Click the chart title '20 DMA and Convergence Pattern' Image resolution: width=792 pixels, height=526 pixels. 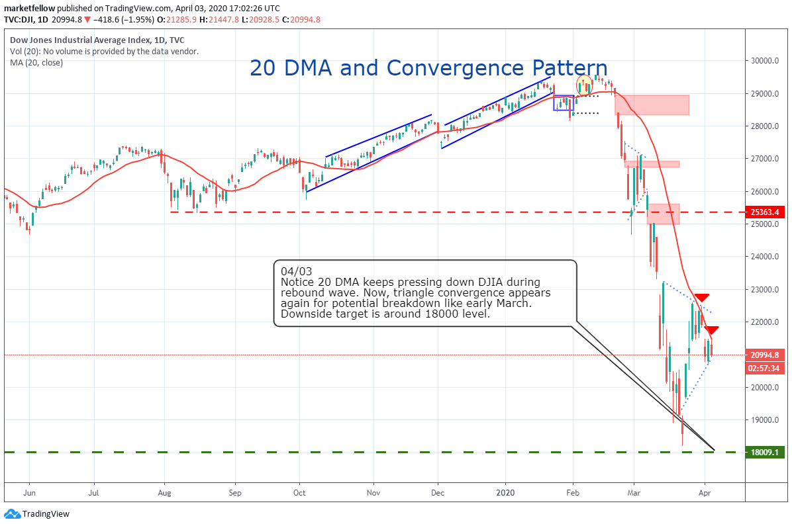coord(428,68)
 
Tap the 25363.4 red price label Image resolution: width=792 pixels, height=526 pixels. coord(765,212)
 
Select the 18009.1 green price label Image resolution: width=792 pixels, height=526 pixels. coord(765,453)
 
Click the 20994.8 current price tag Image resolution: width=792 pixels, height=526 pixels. coord(765,355)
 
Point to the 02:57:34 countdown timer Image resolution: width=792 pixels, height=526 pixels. coord(765,368)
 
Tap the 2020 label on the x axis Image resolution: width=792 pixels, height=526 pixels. coord(505,492)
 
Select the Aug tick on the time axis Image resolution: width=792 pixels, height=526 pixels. coord(165,492)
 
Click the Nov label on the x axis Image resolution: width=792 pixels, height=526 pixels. coord(374,492)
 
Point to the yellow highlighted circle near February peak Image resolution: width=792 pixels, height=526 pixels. coord(585,85)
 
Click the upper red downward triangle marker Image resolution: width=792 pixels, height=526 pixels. coord(701,298)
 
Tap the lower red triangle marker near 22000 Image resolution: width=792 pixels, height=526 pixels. coord(711,329)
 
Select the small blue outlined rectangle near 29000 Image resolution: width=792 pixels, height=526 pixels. coord(564,103)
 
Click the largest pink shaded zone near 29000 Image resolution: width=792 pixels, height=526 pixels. coord(652,105)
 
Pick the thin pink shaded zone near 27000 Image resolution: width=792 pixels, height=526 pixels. coord(652,163)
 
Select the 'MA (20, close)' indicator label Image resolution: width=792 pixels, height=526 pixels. coord(36,63)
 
